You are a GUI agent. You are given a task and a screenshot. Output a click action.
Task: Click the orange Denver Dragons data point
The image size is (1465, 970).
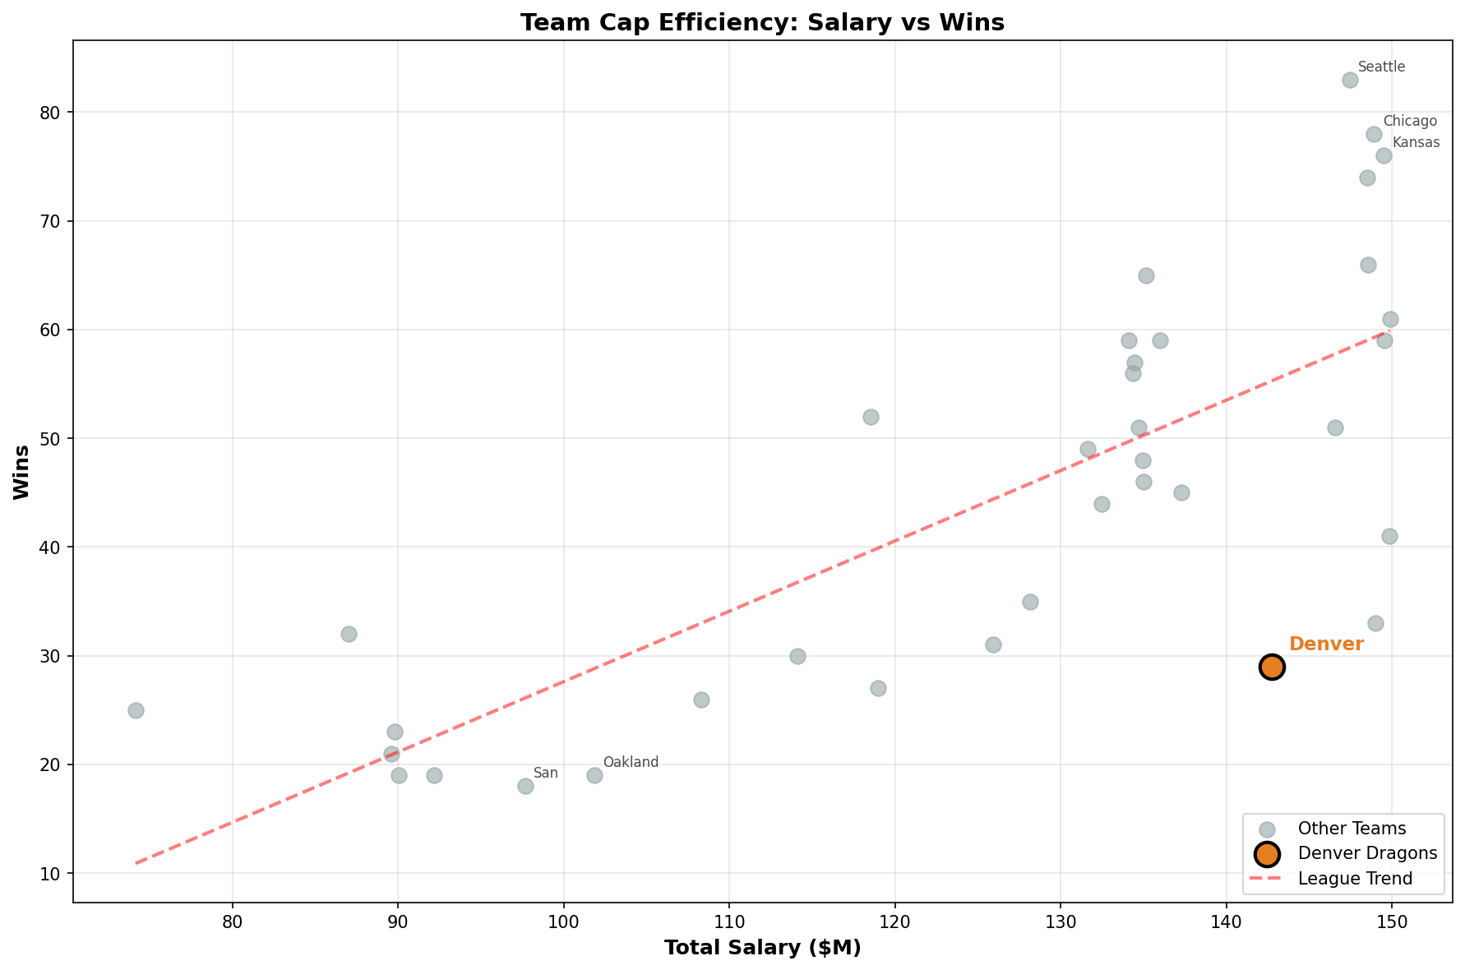click(1272, 667)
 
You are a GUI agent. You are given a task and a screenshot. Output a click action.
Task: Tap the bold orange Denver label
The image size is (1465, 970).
click(1325, 644)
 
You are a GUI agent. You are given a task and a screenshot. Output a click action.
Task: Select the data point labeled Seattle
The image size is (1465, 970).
click(1350, 80)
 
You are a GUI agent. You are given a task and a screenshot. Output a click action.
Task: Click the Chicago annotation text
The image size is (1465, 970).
click(1410, 122)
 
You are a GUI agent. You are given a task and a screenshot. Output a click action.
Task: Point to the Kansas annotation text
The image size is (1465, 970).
click(1416, 143)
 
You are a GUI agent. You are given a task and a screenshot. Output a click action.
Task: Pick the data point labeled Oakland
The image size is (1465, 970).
click(594, 775)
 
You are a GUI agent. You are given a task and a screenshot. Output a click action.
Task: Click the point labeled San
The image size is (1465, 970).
click(525, 786)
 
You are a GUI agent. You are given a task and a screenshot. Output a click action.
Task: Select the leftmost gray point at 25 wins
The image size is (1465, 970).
click(136, 710)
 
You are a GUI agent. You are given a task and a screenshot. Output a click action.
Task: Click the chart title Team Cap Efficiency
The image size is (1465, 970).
click(762, 22)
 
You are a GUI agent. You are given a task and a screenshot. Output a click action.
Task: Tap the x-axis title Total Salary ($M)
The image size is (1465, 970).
click(762, 948)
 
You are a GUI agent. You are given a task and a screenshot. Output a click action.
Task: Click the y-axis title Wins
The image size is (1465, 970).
click(22, 472)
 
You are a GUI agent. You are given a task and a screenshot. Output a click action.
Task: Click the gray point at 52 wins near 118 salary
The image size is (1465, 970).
click(871, 417)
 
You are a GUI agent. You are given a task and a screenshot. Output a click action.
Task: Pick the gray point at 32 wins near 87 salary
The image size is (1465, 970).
click(349, 634)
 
